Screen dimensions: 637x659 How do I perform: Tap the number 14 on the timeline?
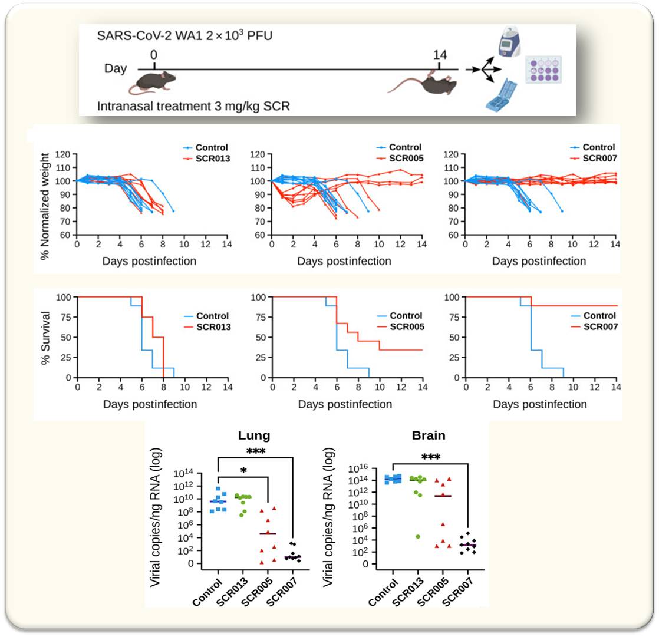tap(440, 55)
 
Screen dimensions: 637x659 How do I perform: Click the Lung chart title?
tap(253, 436)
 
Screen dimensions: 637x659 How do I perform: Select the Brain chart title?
tap(429, 436)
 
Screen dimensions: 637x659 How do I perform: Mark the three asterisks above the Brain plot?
tap(430, 457)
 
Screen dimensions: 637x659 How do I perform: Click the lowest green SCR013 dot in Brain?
tap(418, 536)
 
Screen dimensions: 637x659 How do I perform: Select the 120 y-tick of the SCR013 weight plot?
tap(63, 154)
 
